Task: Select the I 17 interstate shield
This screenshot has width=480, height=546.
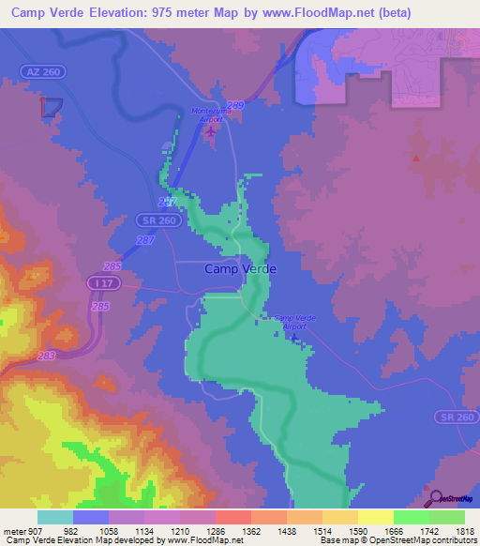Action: [99, 281]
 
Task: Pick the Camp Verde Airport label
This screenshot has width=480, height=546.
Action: [294, 322]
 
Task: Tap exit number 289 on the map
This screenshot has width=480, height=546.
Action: [236, 105]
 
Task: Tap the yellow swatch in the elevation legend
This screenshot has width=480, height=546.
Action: [375, 517]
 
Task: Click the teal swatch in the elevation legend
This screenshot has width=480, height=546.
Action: [55, 517]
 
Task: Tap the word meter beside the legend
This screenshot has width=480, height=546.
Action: [13, 529]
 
